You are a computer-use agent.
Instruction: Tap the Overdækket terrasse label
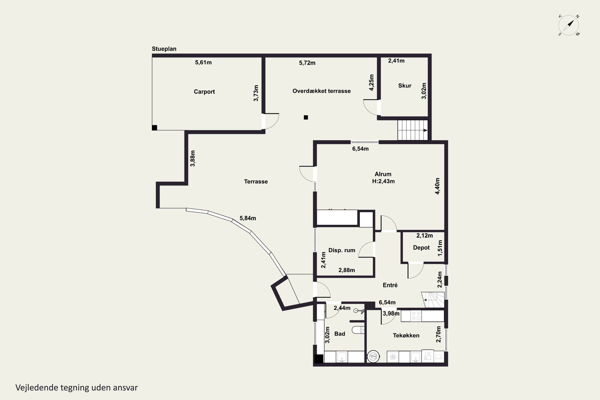321,91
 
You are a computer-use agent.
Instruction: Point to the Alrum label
383,174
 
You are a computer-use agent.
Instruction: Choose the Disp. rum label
342,250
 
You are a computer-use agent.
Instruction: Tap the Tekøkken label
406,335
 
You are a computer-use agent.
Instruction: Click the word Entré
390,285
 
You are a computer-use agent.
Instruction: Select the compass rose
569,25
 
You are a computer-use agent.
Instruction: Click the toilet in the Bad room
358,330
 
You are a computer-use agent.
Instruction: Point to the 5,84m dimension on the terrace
248,218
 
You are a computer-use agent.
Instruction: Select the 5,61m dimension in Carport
203,62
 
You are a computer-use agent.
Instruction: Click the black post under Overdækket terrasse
306,117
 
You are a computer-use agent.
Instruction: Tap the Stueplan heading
164,49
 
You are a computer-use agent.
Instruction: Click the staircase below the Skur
412,130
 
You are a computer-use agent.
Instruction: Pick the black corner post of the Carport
154,128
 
